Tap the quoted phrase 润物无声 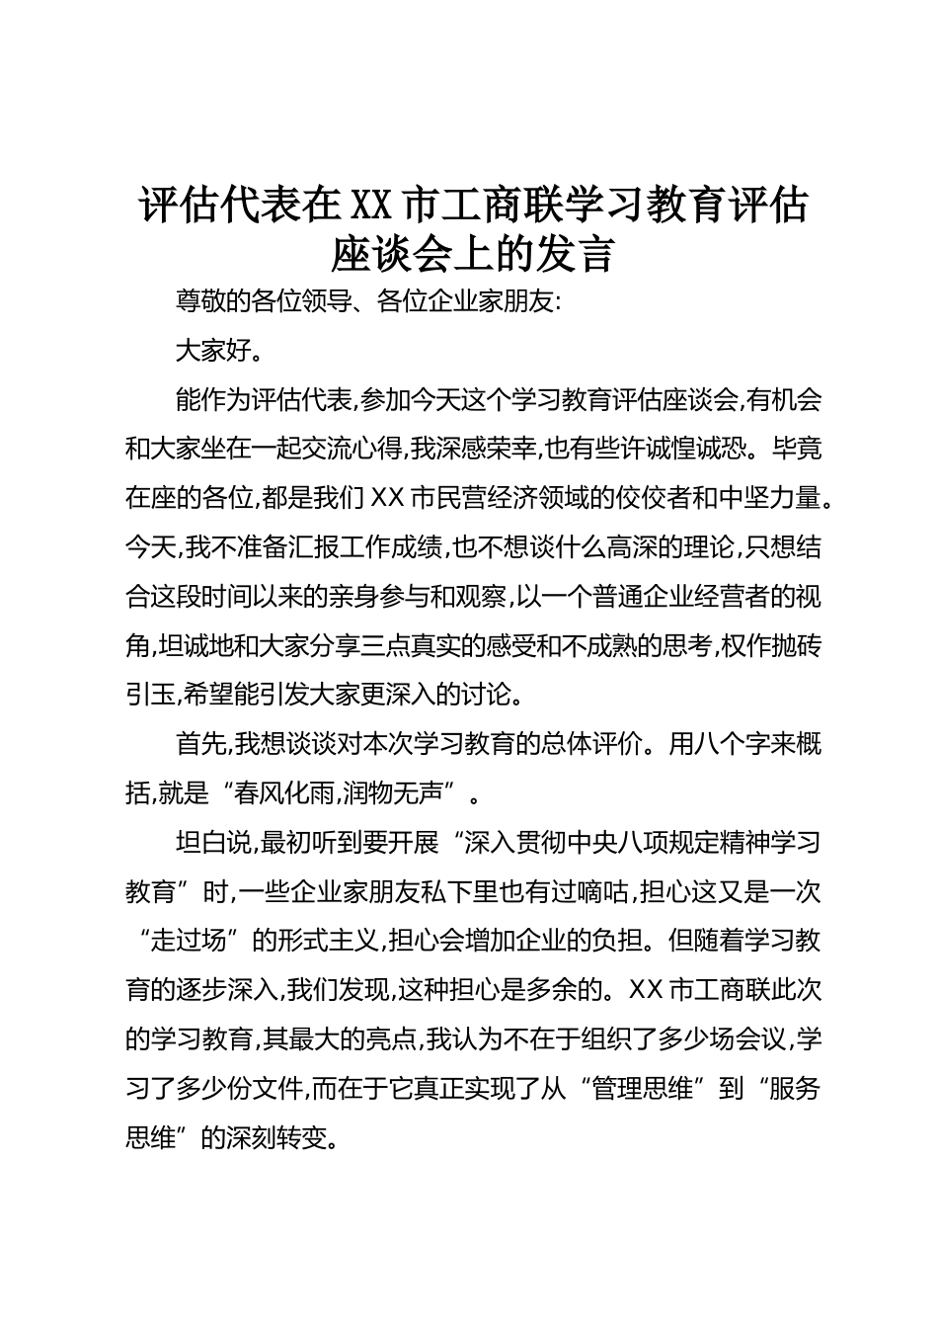pos(402,792)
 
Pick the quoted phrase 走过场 pos(194,940)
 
